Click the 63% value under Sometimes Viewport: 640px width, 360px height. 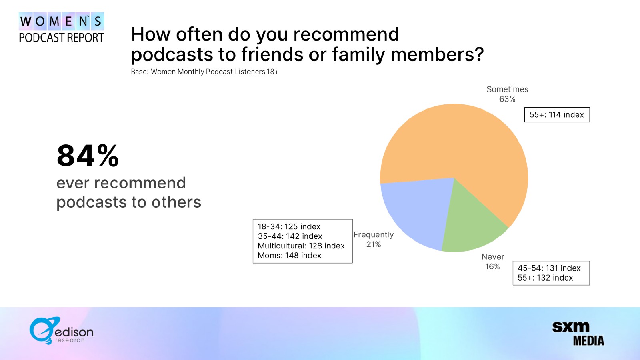[507, 99]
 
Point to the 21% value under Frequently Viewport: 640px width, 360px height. [374, 244]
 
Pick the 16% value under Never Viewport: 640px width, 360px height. [492, 266]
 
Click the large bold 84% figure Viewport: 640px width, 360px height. [88, 156]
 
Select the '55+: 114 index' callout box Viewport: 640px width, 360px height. [557, 115]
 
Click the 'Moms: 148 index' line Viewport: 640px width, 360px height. [289, 256]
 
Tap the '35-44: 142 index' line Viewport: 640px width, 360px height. [290, 236]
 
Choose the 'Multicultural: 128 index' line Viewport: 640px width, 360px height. [301, 246]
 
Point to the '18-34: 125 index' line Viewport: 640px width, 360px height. [288, 226]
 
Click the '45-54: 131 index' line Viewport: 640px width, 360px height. [549, 268]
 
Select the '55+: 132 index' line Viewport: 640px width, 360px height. [545, 278]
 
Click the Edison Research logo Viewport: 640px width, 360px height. [61, 330]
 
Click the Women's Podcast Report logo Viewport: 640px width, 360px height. [62, 28]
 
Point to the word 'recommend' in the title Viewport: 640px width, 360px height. [346, 34]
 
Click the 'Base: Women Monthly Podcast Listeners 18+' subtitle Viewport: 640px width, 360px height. [204, 72]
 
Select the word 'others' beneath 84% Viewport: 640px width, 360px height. [176, 202]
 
